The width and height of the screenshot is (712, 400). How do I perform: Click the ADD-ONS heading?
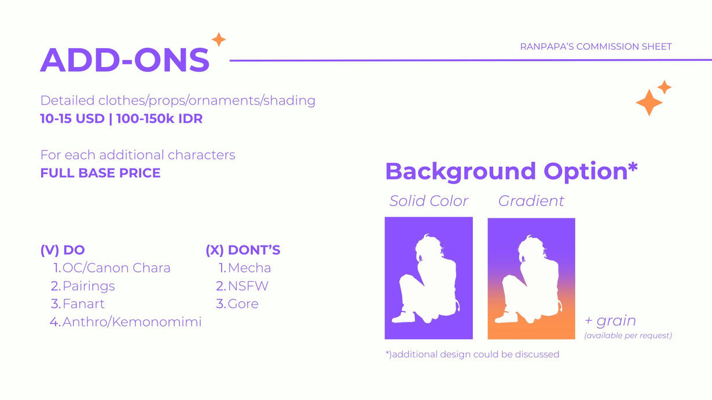click(124, 60)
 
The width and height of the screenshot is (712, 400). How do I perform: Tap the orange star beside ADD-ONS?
click(219, 39)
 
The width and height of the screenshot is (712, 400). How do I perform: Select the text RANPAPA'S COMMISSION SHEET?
click(596, 47)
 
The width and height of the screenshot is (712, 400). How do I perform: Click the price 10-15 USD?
click(72, 119)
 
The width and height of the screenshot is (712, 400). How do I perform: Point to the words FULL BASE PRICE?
click(101, 173)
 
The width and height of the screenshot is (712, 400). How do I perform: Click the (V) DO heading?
click(63, 250)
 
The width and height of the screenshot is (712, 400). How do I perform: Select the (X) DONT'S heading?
click(243, 250)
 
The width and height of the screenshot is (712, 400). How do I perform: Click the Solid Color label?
click(429, 201)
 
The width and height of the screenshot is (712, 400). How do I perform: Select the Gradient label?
click(531, 201)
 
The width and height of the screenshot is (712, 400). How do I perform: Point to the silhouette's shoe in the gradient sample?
click(507, 317)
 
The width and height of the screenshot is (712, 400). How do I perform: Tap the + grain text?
click(610, 321)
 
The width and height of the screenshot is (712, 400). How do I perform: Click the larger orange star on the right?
click(649, 102)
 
